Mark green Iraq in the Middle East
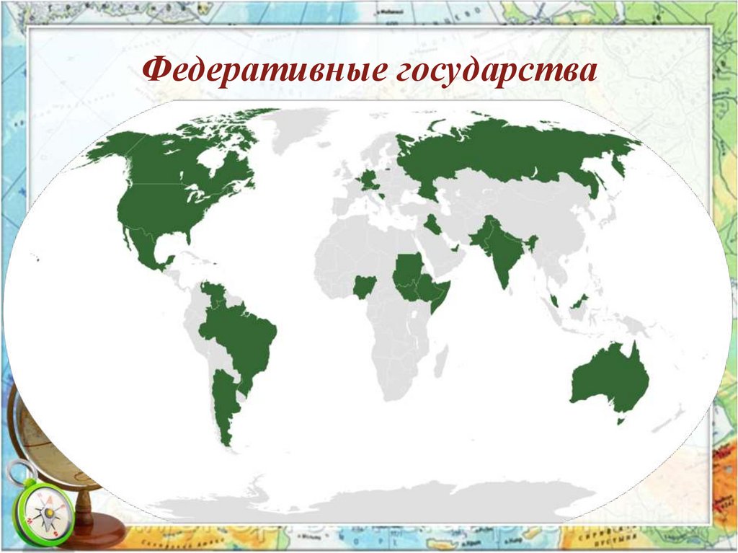[433, 224]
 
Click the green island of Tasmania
[621, 420]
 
